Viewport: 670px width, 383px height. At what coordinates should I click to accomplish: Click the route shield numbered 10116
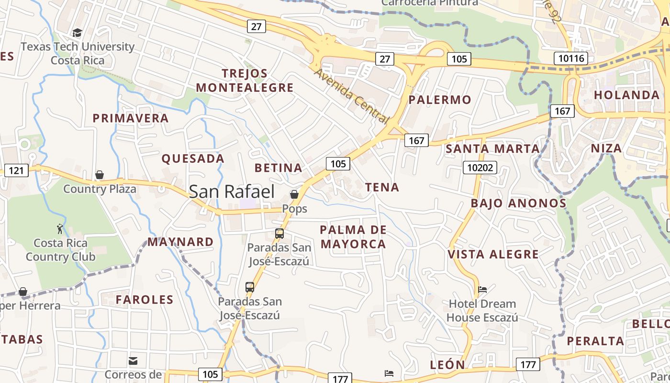(x=570, y=59)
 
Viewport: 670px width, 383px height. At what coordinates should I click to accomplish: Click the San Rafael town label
(x=232, y=191)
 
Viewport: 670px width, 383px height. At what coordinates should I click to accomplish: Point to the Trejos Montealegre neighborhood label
(x=245, y=80)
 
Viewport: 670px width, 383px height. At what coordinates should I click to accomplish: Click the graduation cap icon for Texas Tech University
(x=77, y=33)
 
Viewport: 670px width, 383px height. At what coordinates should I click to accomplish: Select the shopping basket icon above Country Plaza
(x=100, y=175)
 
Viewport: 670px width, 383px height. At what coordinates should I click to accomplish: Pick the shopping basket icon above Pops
(x=294, y=194)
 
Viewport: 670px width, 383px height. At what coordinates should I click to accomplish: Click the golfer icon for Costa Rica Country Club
(x=60, y=229)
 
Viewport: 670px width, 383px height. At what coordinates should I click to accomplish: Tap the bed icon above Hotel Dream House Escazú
(x=482, y=290)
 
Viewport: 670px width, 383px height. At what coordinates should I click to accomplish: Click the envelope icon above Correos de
(x=133, y=360)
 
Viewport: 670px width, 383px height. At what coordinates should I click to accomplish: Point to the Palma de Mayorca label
(x=353, y=237)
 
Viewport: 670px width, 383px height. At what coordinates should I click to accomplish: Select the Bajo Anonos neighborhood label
(x=518, y=203)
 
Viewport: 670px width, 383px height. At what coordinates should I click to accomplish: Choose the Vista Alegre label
(x=493, y=254)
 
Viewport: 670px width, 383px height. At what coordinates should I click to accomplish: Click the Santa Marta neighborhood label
(x=492, y=149)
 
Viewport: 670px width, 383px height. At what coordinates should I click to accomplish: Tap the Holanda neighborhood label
(x=626, y=95)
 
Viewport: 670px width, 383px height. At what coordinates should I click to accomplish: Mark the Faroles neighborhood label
(x=145, y=300)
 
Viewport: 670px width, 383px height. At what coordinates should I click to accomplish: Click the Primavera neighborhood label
(x=131, y=118)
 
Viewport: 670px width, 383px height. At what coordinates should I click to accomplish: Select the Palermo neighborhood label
(x=440, y=100)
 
